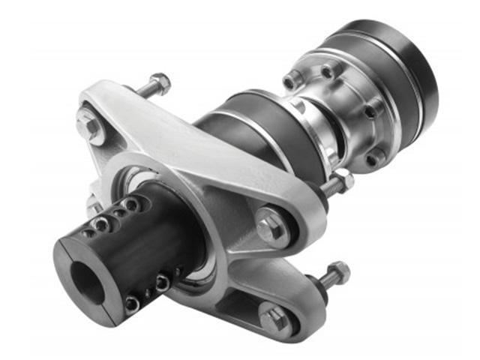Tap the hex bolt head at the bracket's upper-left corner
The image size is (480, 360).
tap(91, 127)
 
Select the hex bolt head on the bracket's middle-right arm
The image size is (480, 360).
tap(271, 226)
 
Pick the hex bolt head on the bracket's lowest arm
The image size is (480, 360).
tap(274, 318)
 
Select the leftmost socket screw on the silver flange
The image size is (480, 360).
tap(291, 80)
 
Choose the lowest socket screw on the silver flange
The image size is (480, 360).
tap(373, 158)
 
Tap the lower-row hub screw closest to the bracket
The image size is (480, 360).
tap(163, 283)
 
